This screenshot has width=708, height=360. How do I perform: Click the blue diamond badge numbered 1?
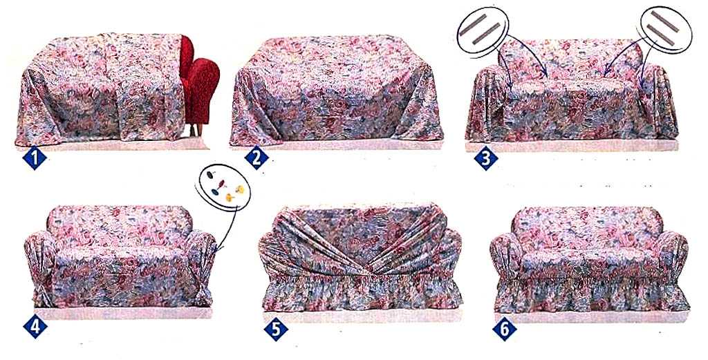point(35,159)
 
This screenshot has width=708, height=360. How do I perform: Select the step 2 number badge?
point(257,158)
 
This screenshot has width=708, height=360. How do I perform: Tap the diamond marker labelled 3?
point(486,158)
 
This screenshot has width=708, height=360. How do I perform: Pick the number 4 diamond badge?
point(35,327)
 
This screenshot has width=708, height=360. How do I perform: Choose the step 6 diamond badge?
point(504,330)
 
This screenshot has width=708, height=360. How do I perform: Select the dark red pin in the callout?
point(221,184)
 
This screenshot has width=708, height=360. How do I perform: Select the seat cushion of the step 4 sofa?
point(122,258)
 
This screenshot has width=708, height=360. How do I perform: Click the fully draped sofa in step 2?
point(337,91)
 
